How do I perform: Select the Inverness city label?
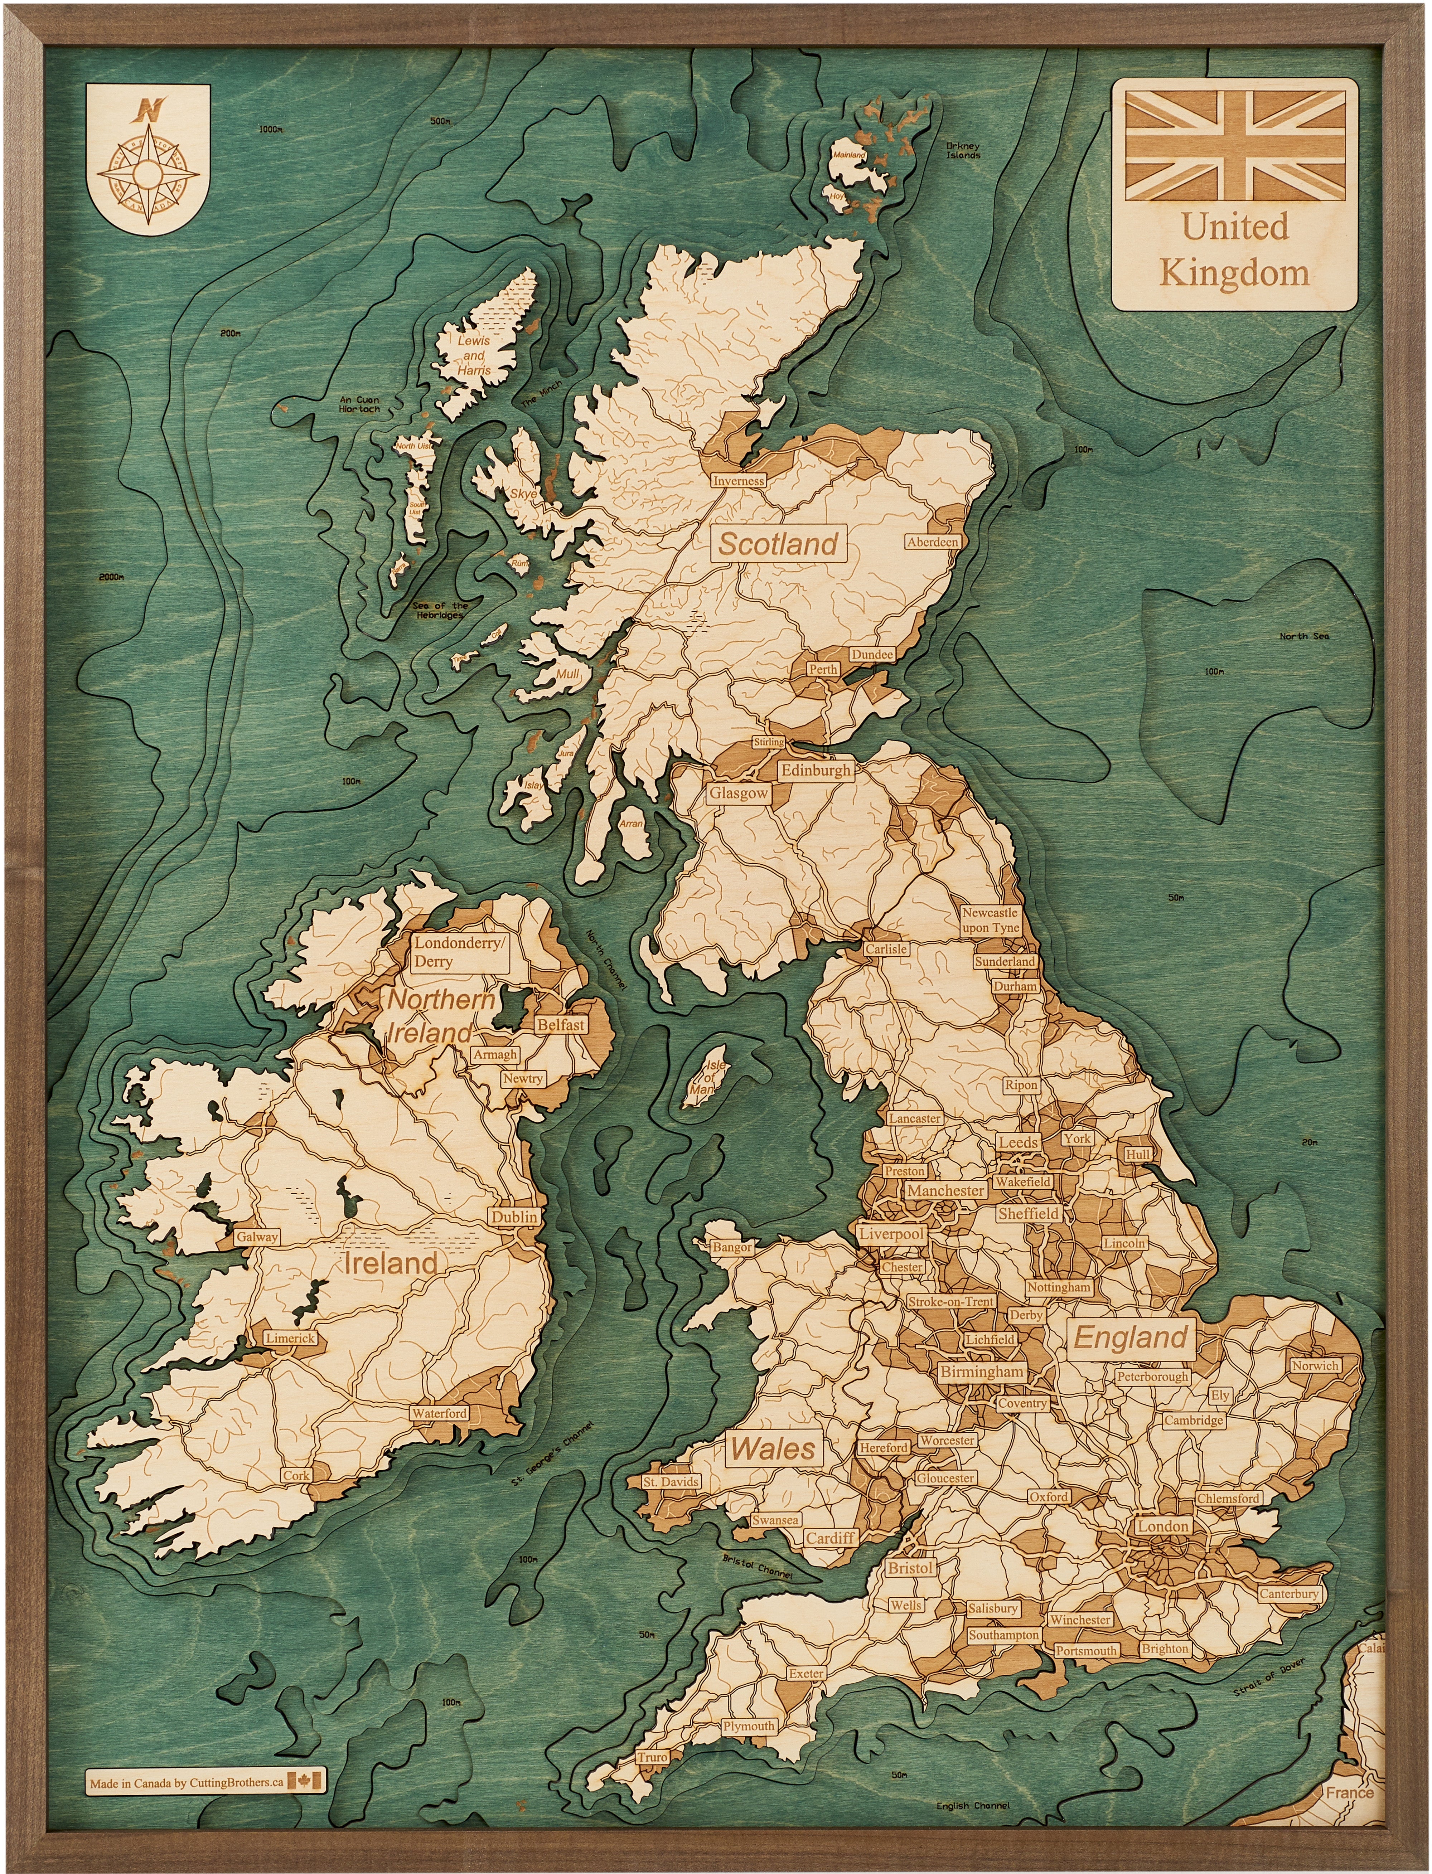[x=738, y=481]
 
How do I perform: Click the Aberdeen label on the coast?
[x=933, y=542]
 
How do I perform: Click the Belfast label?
[x=560, y=1025]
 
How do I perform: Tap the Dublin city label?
[x=514, y=1217]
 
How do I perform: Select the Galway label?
[x=257, y=1237]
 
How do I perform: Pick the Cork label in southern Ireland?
[x=297, y=1475]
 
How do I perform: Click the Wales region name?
[x=773, y=1448]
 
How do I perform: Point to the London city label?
[x=1163, y=1526]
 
